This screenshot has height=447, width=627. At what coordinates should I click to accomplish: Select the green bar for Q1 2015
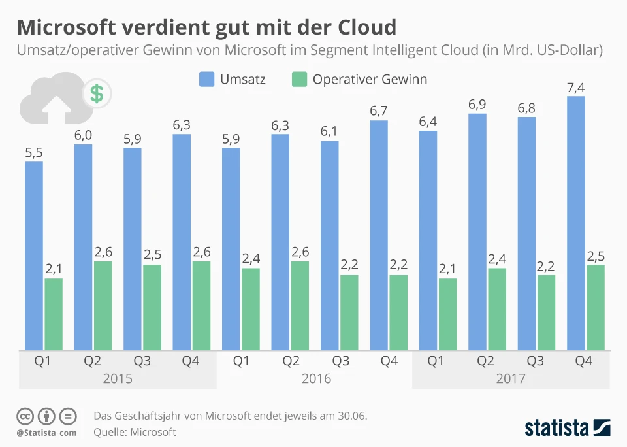[x=54, y=314]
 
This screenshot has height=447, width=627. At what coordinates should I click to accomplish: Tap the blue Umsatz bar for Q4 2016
[x=379, y=235]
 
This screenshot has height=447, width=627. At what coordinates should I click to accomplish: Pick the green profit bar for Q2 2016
[x=300, y=305]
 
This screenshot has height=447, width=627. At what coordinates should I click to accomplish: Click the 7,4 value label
[x=576, y=87]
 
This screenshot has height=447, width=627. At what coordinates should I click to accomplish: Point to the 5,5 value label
[x=34, y=152]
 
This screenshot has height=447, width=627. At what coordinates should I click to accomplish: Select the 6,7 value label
[x=379, y=111]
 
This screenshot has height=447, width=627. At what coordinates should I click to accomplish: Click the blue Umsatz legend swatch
[x=206, y=80]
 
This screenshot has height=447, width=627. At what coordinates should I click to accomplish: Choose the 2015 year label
[x=118, y=379]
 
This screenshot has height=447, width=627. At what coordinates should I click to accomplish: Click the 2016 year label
[x=316, y=379]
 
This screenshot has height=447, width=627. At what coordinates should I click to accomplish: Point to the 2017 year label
[x=511, y=379]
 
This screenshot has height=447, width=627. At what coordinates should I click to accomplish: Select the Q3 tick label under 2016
[x=340, y=361]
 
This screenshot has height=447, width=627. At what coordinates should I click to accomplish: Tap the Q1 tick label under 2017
[x=438, y=361]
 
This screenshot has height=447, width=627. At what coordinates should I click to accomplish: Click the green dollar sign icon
[x=97, y=94]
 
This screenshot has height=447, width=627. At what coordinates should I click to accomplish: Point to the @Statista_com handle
[x=46, y=433]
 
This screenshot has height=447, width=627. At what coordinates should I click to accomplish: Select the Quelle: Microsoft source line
[x=135, y=432]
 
